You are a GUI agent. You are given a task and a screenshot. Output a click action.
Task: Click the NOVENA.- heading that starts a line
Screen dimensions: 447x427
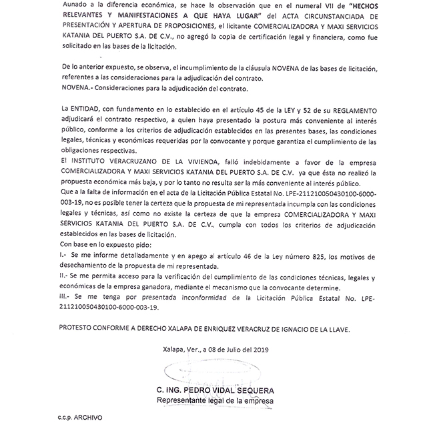75,88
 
